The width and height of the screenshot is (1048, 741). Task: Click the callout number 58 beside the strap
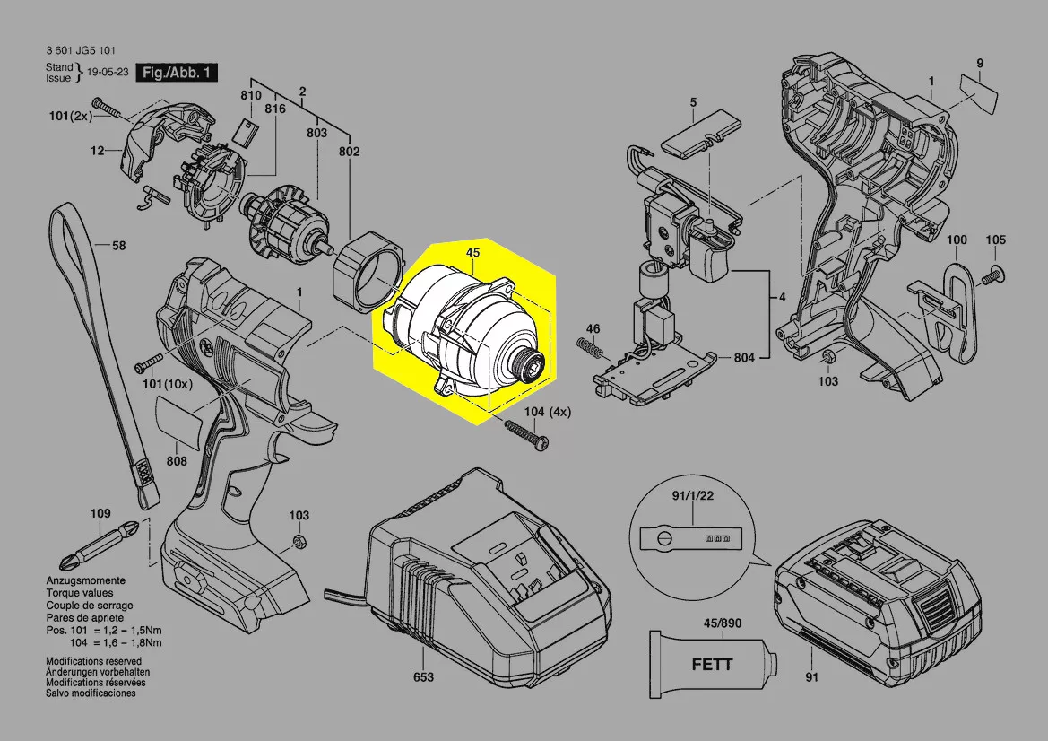(x=118, y=244)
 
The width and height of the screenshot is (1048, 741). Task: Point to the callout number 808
(x=177, y=461)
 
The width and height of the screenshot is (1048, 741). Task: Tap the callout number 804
(x=743, y=358)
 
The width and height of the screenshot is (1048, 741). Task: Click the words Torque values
(x=80, y=594)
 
